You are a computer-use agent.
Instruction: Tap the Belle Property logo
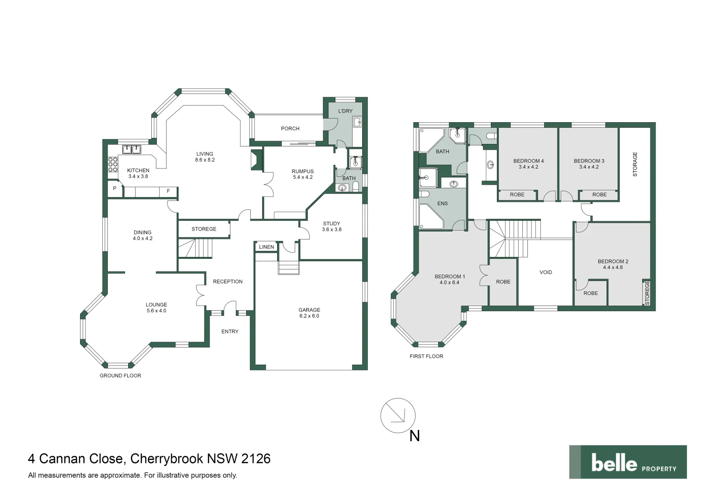point(628,462)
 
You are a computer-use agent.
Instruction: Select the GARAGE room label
point(309,310)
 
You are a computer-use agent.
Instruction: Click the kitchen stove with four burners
point(113,165)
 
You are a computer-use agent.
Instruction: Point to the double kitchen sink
point(131,150)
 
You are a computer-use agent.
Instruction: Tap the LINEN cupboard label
point(266,247)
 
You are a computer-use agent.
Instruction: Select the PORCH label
point(290,129)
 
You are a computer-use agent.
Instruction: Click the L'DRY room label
point(345,111)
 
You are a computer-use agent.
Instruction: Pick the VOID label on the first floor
point(546,273)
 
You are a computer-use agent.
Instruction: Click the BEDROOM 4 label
point(528,161)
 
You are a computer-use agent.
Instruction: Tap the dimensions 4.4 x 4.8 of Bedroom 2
point(613,268)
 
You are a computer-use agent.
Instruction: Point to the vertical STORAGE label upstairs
point(635,164)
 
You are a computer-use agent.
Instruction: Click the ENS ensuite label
point(442,204)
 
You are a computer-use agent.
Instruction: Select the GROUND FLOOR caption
point(120,376)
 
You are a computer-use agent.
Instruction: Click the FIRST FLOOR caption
point(426,356)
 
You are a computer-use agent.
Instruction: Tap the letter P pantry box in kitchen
point(115,189)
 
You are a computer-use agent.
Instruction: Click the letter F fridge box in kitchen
point(168,191)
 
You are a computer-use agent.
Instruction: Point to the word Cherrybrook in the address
point(167,459)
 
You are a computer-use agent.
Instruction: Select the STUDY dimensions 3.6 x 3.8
point(332,230)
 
